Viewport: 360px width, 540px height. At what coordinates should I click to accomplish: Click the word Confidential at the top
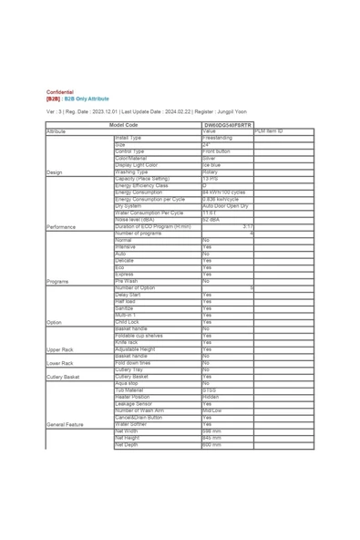pos(62,92)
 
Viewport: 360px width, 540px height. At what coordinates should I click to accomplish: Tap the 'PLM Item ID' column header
pos(269,131)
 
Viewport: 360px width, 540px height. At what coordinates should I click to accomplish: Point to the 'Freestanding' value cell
pos(218,138)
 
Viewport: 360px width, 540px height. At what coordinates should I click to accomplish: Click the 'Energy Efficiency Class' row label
pos(143,185)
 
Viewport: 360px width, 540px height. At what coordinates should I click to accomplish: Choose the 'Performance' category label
pos(61,226)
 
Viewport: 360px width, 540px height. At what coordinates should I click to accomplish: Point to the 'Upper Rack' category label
pos(60,348)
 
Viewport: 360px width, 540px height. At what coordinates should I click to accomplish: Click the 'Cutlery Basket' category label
pos(63,376)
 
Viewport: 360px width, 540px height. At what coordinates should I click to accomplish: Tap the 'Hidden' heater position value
pos(211,397)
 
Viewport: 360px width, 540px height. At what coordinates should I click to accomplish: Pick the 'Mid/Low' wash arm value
pos(212,410)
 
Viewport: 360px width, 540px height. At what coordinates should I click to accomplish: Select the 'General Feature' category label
pos(65,424)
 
